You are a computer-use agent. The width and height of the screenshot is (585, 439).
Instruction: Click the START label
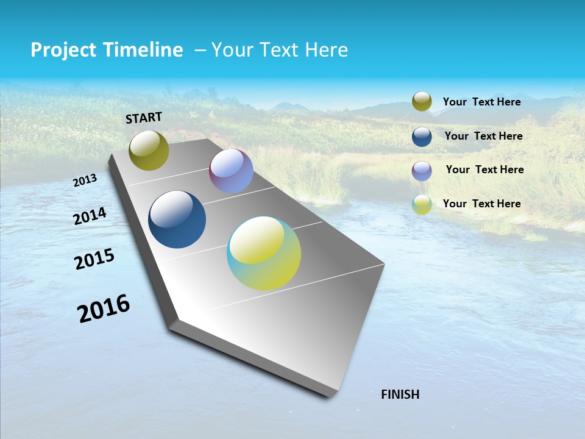[x=144, y=118]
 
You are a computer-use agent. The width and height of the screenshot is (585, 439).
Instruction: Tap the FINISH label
[x=400, y=394]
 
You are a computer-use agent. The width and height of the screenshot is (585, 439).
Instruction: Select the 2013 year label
[x=85, y=180]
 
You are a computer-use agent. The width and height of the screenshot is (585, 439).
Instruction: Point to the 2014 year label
[x=90, y=216]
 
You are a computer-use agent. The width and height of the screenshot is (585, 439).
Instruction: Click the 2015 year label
[x=94, y=259]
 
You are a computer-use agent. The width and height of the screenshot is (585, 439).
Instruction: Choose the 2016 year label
[x=104, y=309]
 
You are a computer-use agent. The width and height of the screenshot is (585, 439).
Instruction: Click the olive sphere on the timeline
[x=149, y=151]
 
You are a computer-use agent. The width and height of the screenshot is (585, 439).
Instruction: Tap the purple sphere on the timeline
[x=231, y=171]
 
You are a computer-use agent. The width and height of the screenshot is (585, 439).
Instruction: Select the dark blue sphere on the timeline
[x=177, y=220]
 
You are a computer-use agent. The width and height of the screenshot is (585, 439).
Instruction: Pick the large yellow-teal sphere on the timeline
[x=264, y=253]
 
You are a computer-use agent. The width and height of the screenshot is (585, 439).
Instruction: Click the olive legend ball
[x=422, y=102]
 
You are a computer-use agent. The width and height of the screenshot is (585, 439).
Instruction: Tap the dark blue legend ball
[x=422, y=137]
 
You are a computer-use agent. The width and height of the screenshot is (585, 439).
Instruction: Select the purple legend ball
[x=422, y=171]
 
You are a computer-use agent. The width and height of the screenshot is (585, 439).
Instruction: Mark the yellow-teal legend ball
[x=422, y=205]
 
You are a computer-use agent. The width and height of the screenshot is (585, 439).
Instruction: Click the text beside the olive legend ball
[x=481, y=102]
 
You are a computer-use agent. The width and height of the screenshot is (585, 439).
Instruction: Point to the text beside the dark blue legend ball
[x=483, y=136]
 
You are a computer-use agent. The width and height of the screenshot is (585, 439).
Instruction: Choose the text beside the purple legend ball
[x=484, y=170]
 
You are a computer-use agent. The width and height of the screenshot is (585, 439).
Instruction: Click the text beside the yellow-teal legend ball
[x=481, y=204]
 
